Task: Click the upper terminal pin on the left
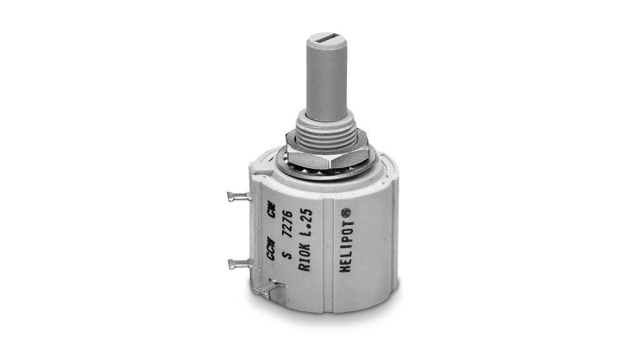(x=238, y=196)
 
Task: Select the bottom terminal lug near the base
(x=268, y=290)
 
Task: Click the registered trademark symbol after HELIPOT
(x=346, y=213)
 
